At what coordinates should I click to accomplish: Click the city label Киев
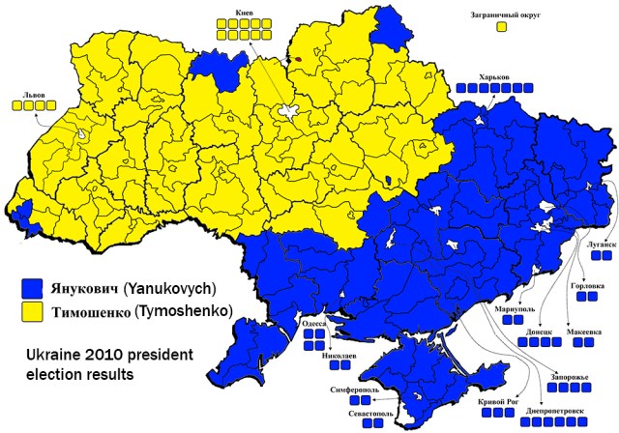(245, 14)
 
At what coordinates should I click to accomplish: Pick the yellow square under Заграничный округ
(501, 27)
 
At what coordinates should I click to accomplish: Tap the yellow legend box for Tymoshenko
(35, 311)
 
